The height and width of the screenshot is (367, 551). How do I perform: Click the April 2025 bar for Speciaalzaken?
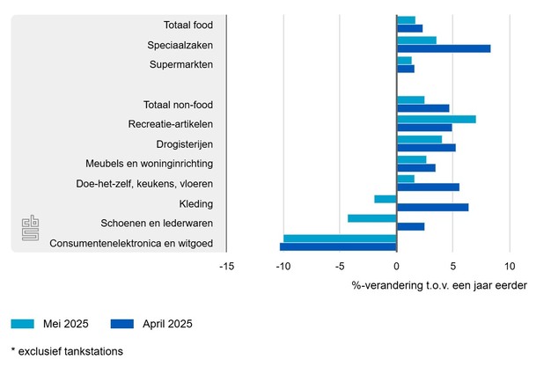[444, 48]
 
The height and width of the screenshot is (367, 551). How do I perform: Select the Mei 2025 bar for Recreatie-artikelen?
[436, 119]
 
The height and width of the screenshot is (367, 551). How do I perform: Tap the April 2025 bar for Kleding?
[432, 208]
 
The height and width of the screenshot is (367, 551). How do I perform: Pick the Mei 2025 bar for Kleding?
[386, 199]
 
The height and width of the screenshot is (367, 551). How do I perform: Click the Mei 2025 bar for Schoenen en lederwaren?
[372, 218]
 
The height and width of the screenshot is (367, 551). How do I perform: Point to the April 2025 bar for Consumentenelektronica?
[338, 246]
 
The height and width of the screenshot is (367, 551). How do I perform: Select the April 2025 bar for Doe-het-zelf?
[428, 187]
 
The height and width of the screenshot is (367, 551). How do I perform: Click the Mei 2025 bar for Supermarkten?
[404, 60]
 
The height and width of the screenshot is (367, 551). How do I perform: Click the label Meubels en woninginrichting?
[149, 164]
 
